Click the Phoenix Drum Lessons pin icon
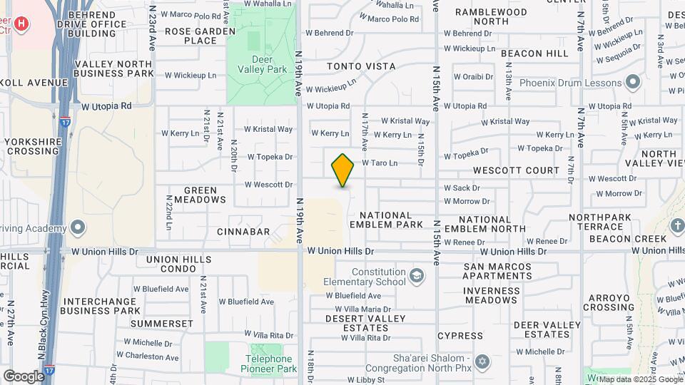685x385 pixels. pos(631,82)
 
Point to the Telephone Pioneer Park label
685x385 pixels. pos(271,364)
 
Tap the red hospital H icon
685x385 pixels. pos(22,25)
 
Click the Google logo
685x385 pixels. pos(23,376)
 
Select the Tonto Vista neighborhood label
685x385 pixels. pos(361,66)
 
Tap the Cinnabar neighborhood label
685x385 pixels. pos(243,232)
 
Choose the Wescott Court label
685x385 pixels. pos(517,170)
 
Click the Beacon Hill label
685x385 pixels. pos(534,53)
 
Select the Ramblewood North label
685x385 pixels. pos(491,16)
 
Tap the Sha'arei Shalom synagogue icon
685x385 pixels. pos(482,361)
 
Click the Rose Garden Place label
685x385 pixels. pos(200,36)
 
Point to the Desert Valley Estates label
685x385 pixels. pos(365,323)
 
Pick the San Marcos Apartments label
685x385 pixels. pos(497,272)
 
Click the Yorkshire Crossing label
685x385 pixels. pos(34,146)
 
